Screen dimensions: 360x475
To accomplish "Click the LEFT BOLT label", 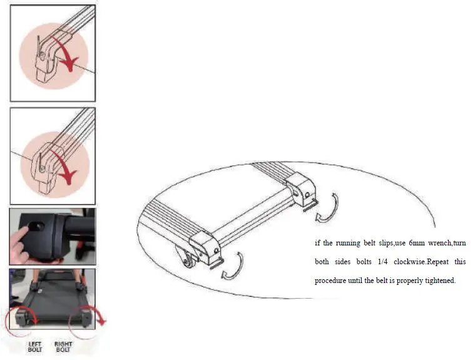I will click(35, 346).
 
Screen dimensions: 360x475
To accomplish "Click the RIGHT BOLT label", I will click(63, 346).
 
